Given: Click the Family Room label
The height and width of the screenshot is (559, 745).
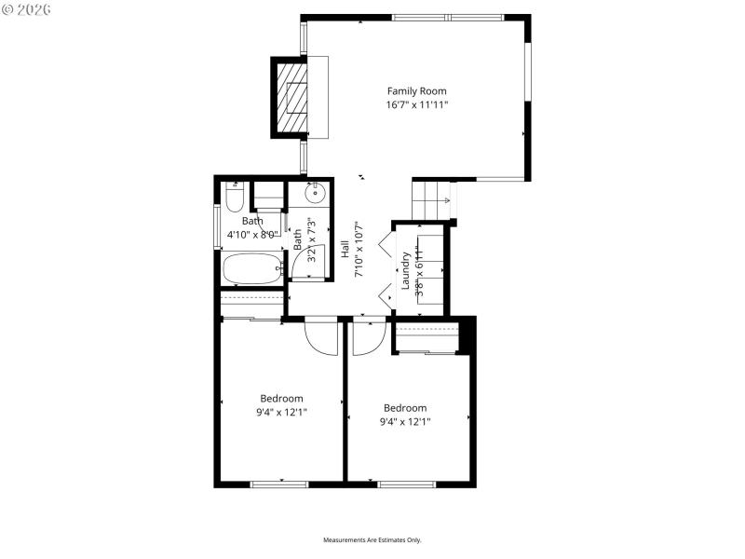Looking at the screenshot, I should point(416,91).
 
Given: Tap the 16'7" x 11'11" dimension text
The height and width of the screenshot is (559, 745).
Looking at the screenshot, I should point(416,105).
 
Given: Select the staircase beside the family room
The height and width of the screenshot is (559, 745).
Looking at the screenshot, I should point(432,198).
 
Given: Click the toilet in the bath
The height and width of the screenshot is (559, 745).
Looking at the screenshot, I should point(234,197).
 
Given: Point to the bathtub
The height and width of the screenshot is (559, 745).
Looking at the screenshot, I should point(252,269).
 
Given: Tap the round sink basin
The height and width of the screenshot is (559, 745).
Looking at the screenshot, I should point(316,195).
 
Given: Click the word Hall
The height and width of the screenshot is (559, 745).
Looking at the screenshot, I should point(345,250).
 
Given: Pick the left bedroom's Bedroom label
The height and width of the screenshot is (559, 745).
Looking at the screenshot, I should point(280,399).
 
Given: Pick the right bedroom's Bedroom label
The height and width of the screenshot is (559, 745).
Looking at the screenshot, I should point(405,408).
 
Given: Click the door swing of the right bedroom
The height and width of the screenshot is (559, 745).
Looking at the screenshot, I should point(367,337).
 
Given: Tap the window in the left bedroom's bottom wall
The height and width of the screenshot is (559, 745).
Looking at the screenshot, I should point(279,484).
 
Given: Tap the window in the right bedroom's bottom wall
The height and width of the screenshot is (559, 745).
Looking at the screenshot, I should point(405,484).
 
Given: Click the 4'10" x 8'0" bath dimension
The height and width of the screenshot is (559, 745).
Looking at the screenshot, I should point(252,235).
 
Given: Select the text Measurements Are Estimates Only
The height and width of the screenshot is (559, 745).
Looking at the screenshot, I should point(372,540).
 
